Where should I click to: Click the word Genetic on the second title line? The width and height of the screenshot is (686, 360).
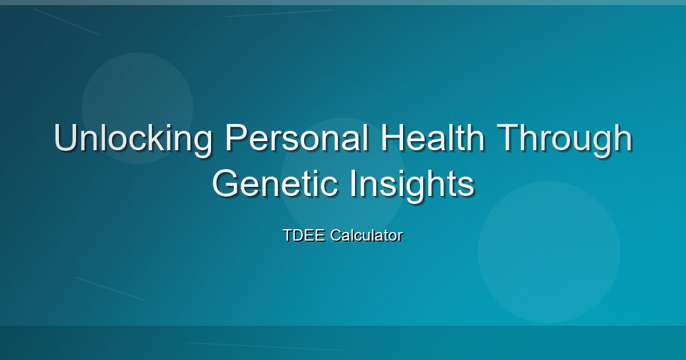coord(276,183)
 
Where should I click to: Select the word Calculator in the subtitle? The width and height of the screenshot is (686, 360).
coord(366,235)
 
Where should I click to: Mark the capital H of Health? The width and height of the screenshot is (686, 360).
coord(392,138)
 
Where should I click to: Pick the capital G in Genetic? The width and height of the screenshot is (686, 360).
coord(225,183)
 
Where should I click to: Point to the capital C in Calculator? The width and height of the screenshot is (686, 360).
coord(336,235)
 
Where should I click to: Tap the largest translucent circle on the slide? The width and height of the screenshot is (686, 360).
coord(549,253)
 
